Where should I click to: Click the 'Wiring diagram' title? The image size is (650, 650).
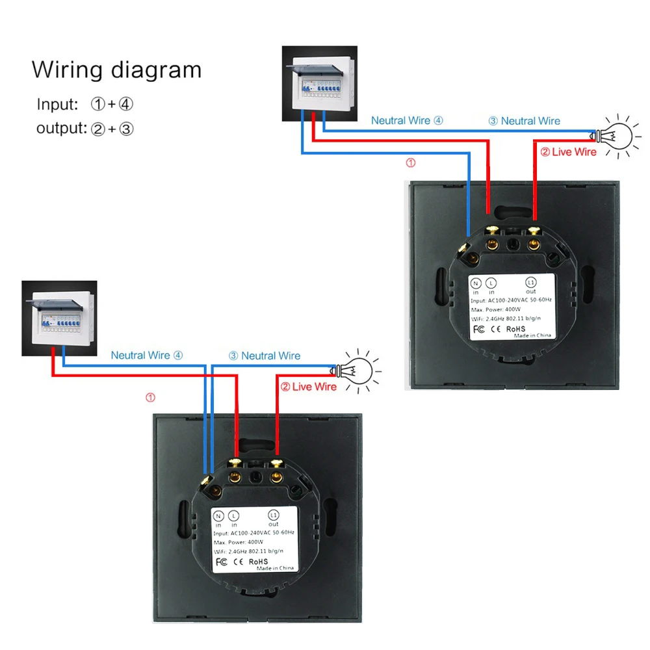click(116, 70)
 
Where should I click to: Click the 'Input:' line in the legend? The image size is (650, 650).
click(84, 104)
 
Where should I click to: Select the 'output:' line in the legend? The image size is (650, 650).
click(84, 128)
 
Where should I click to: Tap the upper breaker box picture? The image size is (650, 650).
click(319, 83)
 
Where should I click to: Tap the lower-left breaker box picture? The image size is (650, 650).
click(59, 318)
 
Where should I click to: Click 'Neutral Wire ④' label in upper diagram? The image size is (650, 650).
click(407, 120)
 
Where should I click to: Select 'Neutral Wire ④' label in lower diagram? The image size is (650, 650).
click(147, 356)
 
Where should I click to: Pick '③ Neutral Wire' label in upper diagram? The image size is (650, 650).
click(524, 121)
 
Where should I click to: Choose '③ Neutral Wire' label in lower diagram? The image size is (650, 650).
click(265, 356)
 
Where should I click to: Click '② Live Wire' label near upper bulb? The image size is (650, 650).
click(568, 152)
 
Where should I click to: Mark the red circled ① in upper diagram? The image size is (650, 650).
click(410, 162)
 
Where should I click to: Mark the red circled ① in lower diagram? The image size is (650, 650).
click(150, 396)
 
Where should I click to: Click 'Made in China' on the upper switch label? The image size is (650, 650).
click(532, 335)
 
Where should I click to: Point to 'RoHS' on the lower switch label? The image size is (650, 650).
click(257, 561)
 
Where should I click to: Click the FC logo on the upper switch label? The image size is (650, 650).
click(478, 329)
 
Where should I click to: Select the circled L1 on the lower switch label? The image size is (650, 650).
click(273, 515)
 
